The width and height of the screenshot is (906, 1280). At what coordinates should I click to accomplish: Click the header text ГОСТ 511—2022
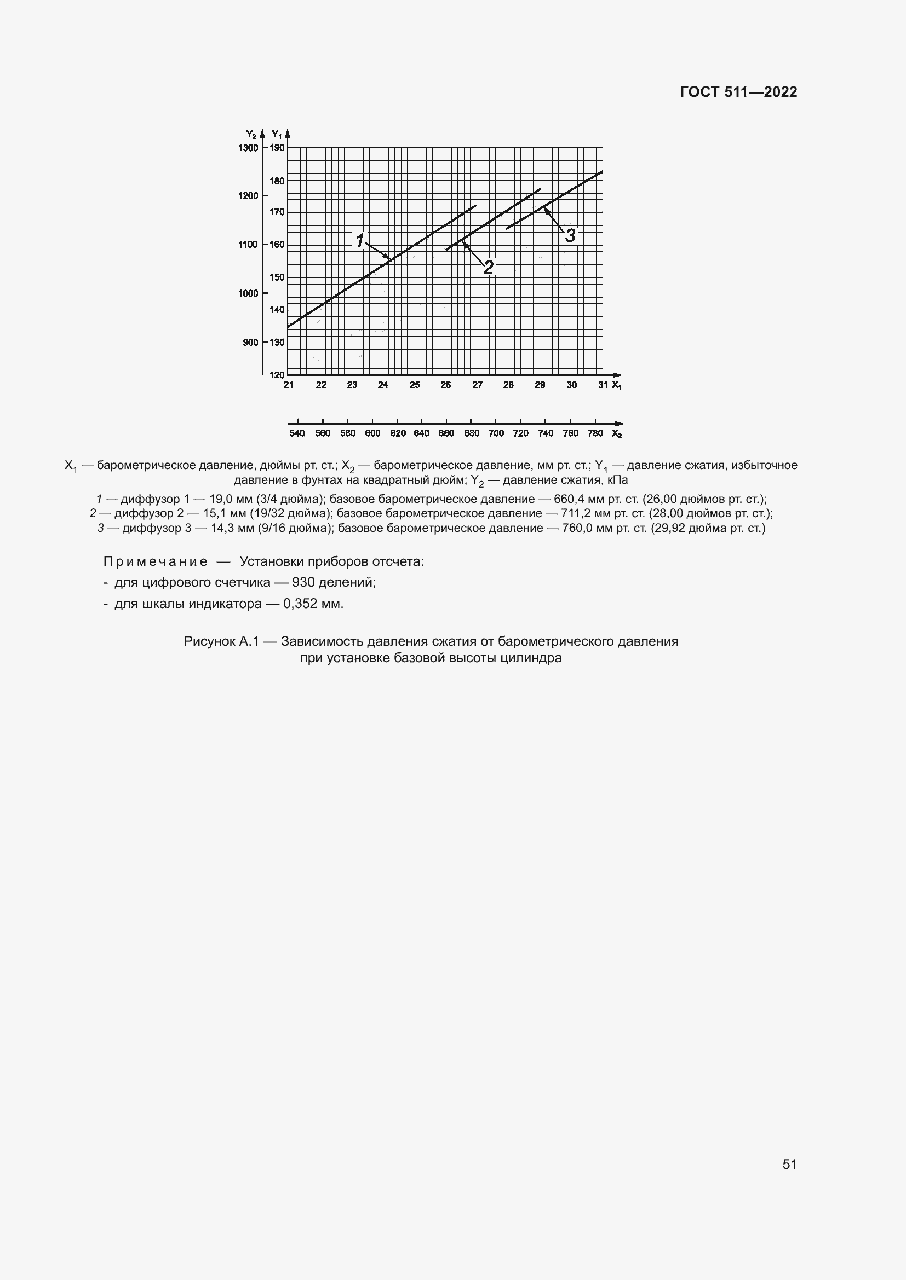(738, 92)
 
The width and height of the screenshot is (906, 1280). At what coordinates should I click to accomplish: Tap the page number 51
(789, 1164)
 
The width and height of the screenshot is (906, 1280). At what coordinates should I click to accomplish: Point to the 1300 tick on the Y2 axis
(249, 148)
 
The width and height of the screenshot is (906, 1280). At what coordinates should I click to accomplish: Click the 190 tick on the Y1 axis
(277, 148)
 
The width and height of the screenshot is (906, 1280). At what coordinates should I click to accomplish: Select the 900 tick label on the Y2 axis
(250, 342)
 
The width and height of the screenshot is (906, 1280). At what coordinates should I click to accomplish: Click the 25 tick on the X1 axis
(415, 385)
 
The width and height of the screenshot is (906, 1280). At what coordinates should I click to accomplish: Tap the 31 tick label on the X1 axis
(603, 385)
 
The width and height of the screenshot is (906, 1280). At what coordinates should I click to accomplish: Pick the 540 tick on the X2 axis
(297, 433)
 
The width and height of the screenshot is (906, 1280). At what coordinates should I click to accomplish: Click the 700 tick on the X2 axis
(496, 433)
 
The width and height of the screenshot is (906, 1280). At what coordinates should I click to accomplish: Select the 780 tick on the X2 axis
(595, 433)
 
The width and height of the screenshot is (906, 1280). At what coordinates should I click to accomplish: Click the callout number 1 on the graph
(360, 241)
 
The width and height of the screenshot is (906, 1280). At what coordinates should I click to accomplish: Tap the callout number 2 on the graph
(488, 268)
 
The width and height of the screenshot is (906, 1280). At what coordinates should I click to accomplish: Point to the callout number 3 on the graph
(570, 236)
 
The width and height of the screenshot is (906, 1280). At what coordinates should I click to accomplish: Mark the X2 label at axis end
(616, 434)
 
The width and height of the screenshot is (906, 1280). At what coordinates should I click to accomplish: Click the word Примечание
(156, 561)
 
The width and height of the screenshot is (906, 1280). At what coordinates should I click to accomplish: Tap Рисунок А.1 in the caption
(221, 641)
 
